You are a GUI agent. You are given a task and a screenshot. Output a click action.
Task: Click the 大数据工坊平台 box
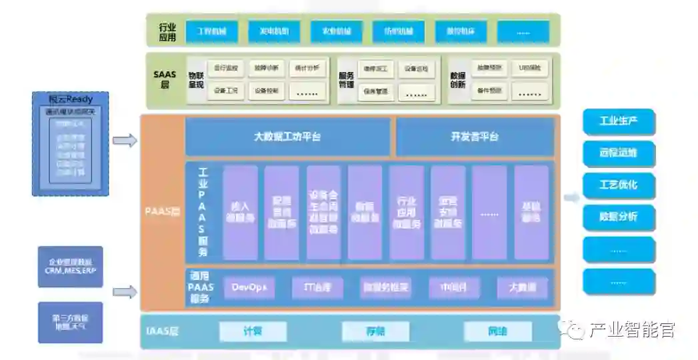point(287,137)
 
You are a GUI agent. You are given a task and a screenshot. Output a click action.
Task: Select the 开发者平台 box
point(475,137)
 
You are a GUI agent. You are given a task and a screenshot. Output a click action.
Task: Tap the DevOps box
point(249,287)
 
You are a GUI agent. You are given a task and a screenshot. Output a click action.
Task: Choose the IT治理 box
point(317,287)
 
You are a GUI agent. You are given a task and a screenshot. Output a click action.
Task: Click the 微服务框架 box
point(385,287)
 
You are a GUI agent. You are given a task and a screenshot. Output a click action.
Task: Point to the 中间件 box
point(454,287)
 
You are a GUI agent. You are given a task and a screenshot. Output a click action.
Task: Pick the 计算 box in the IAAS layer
point(253,331)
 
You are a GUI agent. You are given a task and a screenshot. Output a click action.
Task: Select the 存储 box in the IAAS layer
point(375,331)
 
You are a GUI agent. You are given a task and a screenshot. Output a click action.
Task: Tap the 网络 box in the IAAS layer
point(497,331)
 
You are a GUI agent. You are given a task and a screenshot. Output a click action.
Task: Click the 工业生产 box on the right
point(619,121)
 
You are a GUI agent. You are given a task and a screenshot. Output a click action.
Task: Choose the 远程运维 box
point(619,153)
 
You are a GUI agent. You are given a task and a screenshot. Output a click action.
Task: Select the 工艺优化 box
point(619,185)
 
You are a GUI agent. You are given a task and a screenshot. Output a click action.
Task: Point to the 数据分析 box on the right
point(619,217)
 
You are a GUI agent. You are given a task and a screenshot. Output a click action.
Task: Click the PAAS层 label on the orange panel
point(163,213)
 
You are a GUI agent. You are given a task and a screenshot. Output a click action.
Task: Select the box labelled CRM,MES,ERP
point(70,267)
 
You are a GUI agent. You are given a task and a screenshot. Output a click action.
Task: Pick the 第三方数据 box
point(70,323)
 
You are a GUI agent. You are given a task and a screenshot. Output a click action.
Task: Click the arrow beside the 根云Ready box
point(125,140)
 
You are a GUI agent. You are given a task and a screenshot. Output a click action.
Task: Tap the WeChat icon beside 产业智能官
point(573,329)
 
